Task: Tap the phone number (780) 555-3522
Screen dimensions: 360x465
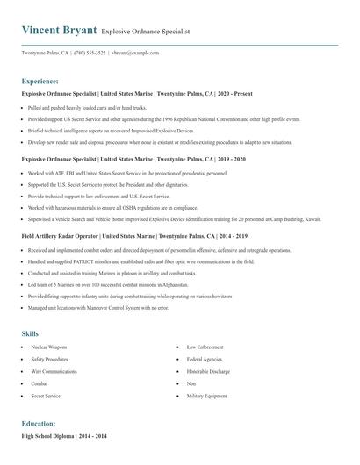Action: (91, 53)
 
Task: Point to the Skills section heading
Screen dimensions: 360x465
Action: (30, 333)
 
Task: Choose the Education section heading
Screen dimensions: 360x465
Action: (39, 423)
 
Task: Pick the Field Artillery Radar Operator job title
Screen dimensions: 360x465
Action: (133, 236)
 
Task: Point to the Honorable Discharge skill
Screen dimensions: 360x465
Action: (208, 372)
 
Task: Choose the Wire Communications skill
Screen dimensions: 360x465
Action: (54, 372)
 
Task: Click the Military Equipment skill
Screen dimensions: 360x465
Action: (206, 397)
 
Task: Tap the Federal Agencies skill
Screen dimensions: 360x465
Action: (204, 360)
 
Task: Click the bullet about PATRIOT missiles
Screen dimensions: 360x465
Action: (140, 261)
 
